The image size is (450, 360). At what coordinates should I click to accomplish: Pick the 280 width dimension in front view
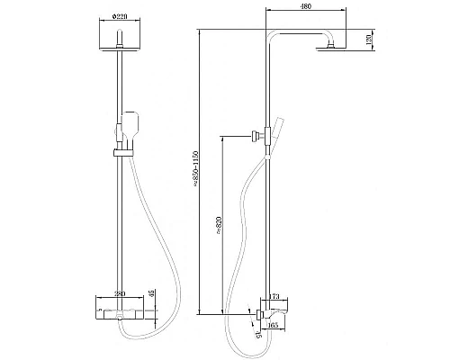point(119,292)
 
